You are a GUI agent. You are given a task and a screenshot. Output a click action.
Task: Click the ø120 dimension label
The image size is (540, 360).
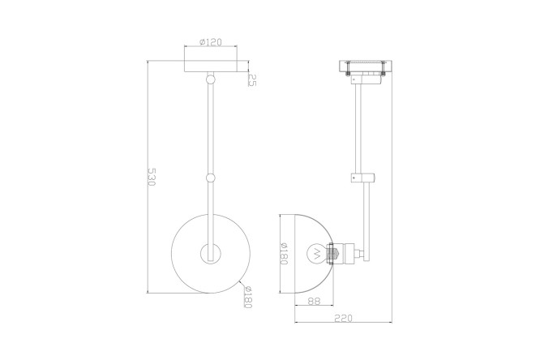pos(211,42)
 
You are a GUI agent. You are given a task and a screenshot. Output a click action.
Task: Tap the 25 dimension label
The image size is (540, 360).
pos(252,80)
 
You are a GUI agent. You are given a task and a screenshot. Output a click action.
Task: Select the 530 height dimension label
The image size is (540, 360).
pos(152,177)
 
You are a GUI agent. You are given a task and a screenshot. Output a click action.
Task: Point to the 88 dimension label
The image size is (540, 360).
pos(314,301)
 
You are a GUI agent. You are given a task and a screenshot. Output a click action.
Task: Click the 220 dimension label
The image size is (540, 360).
pos(343,318)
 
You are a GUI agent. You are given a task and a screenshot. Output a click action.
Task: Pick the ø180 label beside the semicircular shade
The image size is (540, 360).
pos(284,254)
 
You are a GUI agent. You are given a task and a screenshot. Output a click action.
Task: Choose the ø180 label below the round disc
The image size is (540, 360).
pos(248,298)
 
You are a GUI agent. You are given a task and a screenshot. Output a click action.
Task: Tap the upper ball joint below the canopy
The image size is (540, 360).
pos(210,79)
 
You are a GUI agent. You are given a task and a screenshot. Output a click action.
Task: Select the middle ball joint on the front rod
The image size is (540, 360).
pos(210,178)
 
